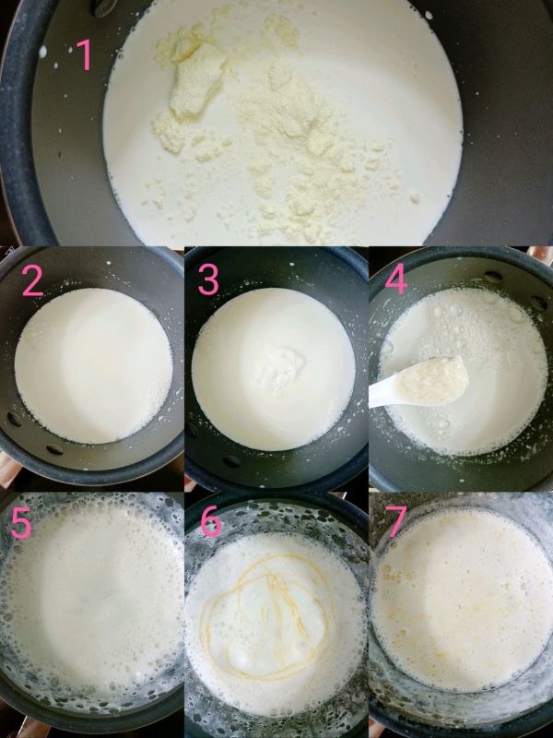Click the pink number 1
click(84, 54)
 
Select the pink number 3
click(209, 280)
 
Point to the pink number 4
click(395, 280)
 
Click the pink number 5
click(22, 522)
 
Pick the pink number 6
click(211, 522)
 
